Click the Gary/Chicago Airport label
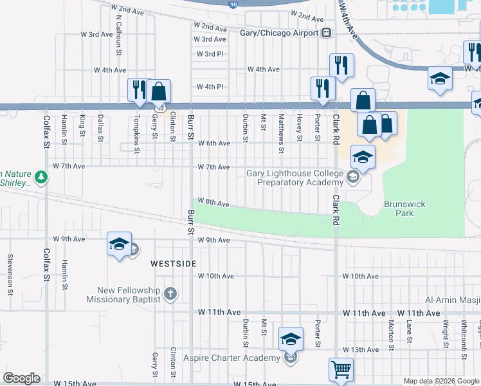[x=278, y=33]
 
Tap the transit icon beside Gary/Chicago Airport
[x=327, y=33]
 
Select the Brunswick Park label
[x=404, y=208]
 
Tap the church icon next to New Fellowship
[x=170, y=294]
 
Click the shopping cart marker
[x=341, y=370]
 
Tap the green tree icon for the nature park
[x=41, y=177]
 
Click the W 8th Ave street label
[x=213, y=203]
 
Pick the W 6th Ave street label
[x=213, y=143]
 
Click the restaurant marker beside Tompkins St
[x=138, y=89]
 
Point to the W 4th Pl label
[x=210, y=87]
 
